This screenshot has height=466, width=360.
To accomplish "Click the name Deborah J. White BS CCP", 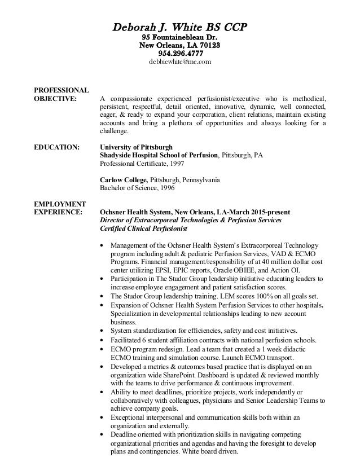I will (x=180, y=27).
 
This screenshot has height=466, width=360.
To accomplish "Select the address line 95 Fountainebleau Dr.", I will (x=180, y=37).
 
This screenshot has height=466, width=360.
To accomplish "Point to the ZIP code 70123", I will (x=209, y=45).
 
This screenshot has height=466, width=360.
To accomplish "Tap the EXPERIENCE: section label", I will (x=58, y=212).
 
